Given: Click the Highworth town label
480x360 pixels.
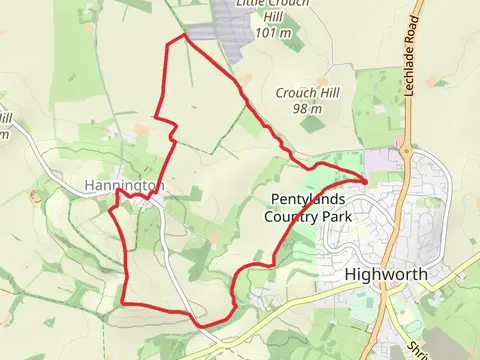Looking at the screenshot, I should pos(385,274).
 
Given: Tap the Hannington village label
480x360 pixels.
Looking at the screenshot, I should pos(124,186).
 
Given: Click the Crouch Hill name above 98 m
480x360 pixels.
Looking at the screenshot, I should pos(307,93).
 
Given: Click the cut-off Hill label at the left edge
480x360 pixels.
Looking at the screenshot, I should pos(4,120).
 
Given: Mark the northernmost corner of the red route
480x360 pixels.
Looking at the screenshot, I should pos(185,35).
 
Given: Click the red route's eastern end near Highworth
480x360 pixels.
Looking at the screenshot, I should pos(366,180).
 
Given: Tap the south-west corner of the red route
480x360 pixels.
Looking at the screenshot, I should pos(122,302).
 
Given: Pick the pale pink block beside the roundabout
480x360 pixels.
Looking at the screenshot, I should pos(381,159).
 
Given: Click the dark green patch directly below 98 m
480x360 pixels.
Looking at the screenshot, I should pos(314,125).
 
